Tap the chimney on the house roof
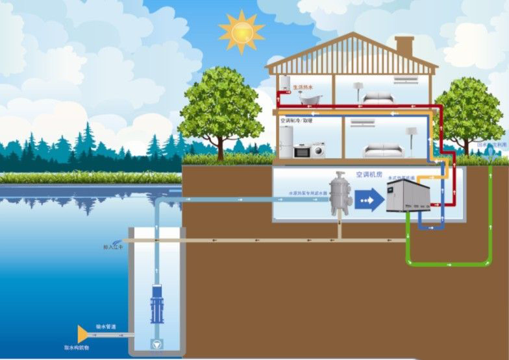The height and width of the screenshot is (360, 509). (404, 46)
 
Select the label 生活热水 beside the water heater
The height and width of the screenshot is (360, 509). (303, 86)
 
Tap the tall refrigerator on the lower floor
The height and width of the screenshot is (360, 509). (286, 141)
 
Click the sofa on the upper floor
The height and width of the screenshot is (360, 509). (376, 98)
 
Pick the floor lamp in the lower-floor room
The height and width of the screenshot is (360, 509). (410, 139)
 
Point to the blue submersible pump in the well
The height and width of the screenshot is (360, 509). (156, 304)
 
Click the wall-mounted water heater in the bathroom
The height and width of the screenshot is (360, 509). (284, 84)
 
